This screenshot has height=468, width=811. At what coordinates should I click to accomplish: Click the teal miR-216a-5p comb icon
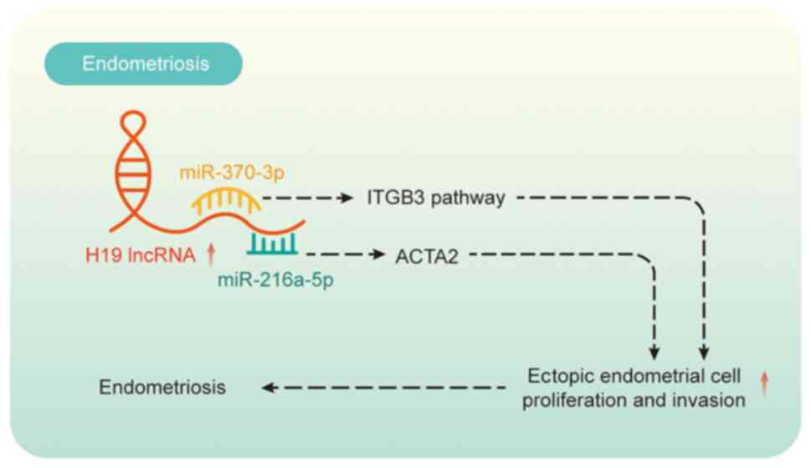pyautogui.click(x=273, y=244)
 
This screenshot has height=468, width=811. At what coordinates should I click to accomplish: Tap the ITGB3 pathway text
pyautogui.click(x=435, y=199)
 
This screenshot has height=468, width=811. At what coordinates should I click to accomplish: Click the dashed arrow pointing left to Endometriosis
pyautogui.click(x=385, y=388)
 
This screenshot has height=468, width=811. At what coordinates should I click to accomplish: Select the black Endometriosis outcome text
pyautogui.click(x=162, y=388)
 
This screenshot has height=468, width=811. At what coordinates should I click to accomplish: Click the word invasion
pyautogui.click(x=711, y=399)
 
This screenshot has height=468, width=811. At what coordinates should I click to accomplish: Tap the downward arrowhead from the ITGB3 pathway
pyautogui.click(x=705, y=352)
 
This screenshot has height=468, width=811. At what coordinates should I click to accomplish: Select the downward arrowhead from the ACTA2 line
pyautogui.click(x=655, y=352)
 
